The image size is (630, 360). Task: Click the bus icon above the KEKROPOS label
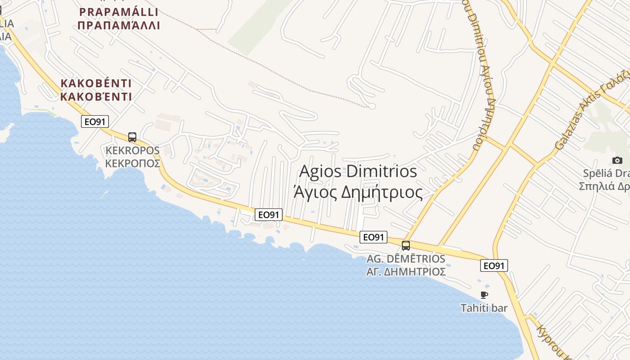click(132, 137)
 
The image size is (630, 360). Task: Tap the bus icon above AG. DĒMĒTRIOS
click(406, 246)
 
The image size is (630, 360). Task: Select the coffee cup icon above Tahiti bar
click(484, 295)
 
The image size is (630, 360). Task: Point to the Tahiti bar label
click(484, 308)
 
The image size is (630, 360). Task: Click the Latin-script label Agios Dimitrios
click(358, 171)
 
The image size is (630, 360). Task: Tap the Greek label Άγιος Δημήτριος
click(358, 192)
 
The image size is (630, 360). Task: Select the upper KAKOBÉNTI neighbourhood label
click(96, 83)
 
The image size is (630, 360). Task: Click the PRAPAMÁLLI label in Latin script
click(119, 12)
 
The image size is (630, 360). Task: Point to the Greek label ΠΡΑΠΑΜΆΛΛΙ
click(119, 25)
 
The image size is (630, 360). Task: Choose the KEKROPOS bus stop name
click(132, 150)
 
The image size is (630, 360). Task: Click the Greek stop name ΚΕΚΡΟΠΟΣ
click(133, 163)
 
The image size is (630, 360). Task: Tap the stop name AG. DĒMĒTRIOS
click(406, 259)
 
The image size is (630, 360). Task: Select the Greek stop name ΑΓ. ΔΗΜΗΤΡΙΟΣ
click(406, 272)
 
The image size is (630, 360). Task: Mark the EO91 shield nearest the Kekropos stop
click(95, 121)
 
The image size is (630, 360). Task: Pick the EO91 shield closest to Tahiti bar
click(494, 266)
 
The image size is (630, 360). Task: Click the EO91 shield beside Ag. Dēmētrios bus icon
click(373, 237)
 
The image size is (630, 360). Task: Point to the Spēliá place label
click(606, 173)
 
